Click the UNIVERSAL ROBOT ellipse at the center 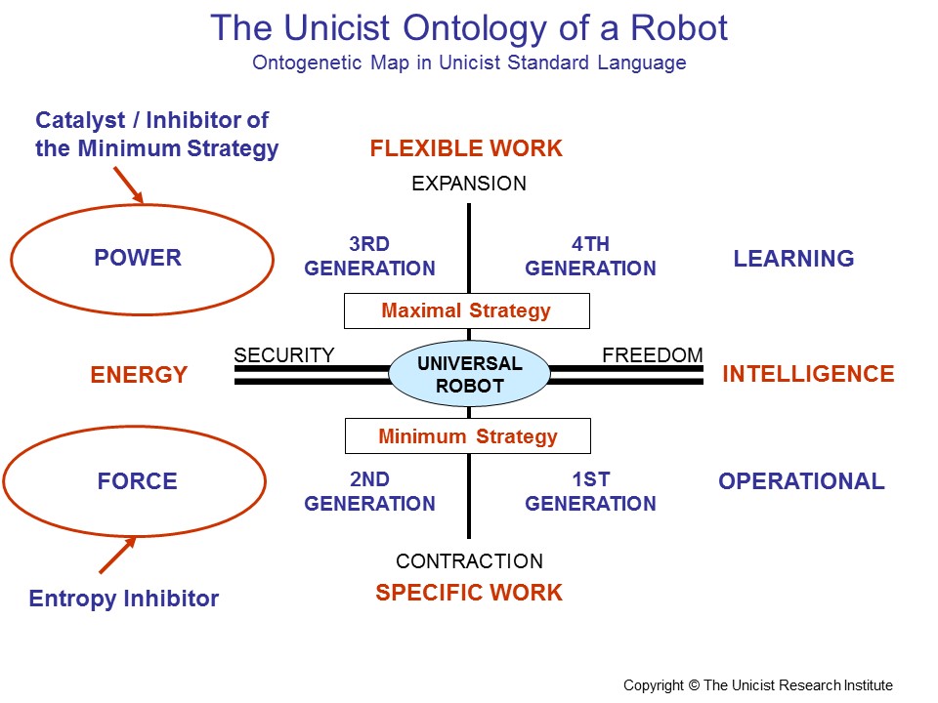pos(469,374)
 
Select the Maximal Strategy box pos(466,311)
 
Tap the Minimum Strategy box pos(467,436)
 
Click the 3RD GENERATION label pos(369,256)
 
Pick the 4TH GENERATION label pos(590,256)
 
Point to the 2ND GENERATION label pos(369,492)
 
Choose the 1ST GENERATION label pos(590,492)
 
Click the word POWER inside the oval pos(138,259)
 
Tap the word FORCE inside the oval pos(137,481)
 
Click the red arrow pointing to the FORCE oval pos(116,555)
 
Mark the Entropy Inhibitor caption pos(124,599)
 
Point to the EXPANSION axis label pos(469,184)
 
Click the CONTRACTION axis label pos(469,561)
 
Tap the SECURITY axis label pos(284,355)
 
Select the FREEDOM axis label pos(653,355)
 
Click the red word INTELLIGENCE pos(808,374)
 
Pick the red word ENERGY pos(139,375)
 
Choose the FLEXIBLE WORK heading pos(466,148)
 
